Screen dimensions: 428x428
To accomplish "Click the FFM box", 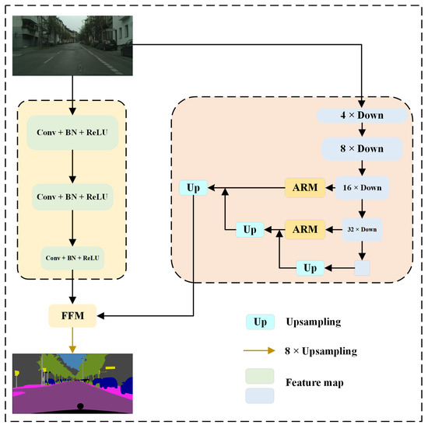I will coord(72,316).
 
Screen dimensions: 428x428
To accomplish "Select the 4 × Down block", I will coord(363,115).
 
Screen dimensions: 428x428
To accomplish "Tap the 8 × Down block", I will coord(363,148).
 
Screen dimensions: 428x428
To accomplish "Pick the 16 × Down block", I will coord(363,187).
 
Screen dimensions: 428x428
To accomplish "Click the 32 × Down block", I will coord(363,229).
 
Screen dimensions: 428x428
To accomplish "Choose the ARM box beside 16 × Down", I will coord(305,187).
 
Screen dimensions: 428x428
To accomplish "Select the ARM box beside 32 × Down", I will coord(305,229).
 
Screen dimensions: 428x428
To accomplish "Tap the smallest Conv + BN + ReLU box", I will coord(72,256).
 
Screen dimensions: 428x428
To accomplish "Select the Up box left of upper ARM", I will coord(194,188).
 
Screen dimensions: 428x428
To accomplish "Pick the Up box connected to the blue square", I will coord(309,268).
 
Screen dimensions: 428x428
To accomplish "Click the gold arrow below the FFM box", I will coord(72,340).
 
